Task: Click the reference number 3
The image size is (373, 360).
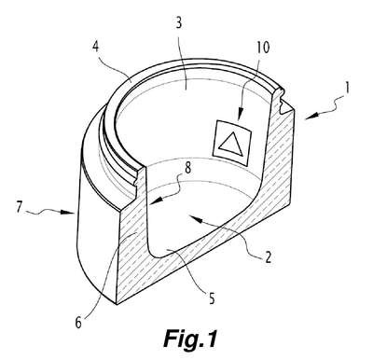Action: coord(179,23)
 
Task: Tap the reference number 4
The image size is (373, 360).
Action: coord(95,47)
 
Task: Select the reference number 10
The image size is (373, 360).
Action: coord(263,48)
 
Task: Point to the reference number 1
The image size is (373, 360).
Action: coord(348,88)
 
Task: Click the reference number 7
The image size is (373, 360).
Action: coord(20,207)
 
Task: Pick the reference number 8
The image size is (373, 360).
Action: coord(187,169)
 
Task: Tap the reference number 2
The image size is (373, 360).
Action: coord(268,257)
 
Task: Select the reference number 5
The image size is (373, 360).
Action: coord(212,298)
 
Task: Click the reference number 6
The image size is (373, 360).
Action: coord(78,323)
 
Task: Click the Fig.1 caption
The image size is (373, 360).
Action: coord(190,339)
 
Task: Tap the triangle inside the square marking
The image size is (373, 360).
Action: coord(231,144)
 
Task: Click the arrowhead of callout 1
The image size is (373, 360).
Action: coord(311,116)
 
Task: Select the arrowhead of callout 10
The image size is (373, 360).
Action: coord(240,116)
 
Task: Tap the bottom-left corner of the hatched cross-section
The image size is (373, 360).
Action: coord(117,304)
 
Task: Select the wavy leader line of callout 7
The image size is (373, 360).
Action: coord(43,213)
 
